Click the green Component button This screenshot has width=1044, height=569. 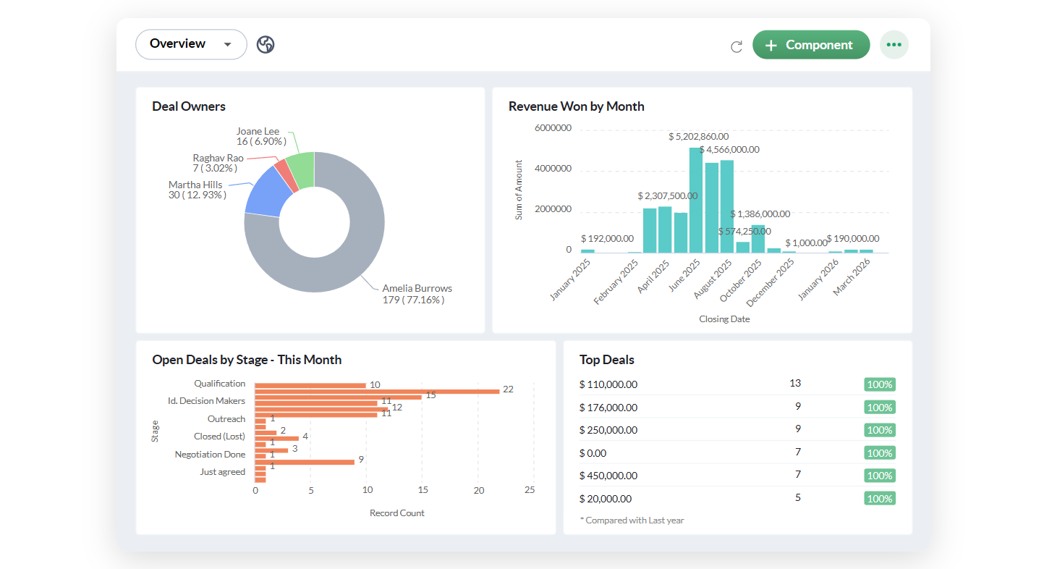tap(811, 45)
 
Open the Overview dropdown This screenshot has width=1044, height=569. tap(191, 44)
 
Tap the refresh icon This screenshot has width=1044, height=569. tap(737, 46)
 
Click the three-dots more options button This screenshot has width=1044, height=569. tap(894, 45)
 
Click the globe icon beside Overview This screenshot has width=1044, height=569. tap(266, 44)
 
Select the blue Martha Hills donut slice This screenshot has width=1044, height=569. tap(267, 193)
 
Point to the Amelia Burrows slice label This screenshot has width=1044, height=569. tap(417, 294)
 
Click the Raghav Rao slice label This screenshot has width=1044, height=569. tap(218, 163)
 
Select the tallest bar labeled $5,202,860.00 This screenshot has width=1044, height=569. tap(696, 200)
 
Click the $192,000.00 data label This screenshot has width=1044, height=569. tap(607, 239)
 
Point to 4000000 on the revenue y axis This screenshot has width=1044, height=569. tap(553, 169)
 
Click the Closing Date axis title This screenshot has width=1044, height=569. tap(724, 319)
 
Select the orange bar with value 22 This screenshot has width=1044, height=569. tap(377, 392)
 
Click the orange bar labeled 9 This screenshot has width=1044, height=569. tap(305, 462)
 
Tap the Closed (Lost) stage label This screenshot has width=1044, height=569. tap(219, 436)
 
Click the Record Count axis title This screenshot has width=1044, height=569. tap(396, 513)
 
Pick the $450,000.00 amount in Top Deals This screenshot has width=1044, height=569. tap(608, 476)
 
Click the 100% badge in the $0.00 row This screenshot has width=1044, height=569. tap(880, 453)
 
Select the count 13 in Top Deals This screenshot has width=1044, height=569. tap(795, 384)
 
